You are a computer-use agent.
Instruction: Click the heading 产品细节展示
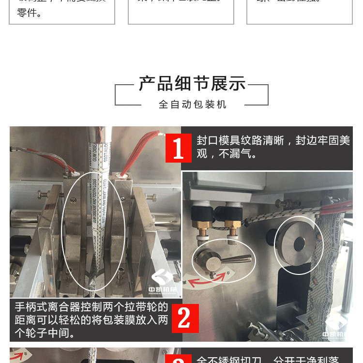pos(192,84)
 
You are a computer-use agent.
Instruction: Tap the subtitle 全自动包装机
pos(192,105)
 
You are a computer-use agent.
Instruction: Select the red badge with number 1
pos(178,148)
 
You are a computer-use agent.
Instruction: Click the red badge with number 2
pos(185,318)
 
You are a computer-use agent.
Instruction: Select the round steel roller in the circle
pos(298,244)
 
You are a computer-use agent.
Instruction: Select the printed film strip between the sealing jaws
pos(95,218)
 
